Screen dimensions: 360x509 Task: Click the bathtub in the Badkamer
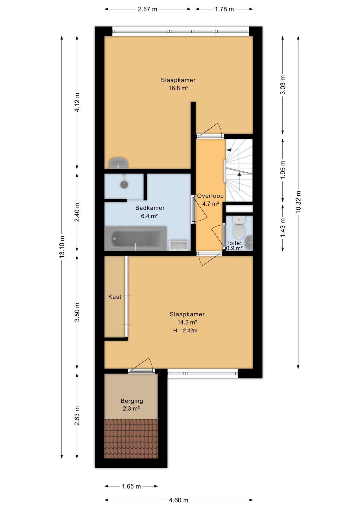click(135, 239)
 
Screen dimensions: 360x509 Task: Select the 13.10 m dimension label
click(62, 247)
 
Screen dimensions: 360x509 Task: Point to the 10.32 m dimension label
click(298, 202)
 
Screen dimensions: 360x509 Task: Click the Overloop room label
click(210, 196)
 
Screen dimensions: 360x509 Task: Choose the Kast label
click(115, 297)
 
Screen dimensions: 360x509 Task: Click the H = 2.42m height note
click(185, 331)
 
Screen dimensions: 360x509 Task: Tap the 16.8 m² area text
click(178, 88)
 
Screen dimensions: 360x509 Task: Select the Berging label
click(132, 401)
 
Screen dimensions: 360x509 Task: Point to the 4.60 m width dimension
click(179, 500)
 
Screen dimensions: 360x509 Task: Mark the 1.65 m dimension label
click(131, 486)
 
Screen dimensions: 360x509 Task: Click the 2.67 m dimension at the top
click(148, 9)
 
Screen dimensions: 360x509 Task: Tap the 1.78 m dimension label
click(224, 9)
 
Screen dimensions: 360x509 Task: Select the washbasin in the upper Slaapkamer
click(118, 163)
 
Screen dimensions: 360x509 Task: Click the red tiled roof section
click(131, 439)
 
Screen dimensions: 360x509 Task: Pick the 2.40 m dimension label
click(77, 212)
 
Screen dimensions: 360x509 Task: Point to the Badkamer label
click(150, 208)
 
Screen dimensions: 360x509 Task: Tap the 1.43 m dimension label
click(283, 228)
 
